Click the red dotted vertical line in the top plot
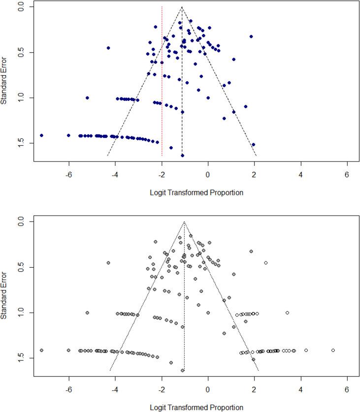click(162, 98)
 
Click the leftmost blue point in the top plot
click(41, 135)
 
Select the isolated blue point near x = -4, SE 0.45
click(108, 48)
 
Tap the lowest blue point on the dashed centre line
click(182, 156)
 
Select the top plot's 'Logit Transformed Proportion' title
click(196, 192)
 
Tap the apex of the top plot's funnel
click(182, 7)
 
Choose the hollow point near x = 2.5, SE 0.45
click(266, 263)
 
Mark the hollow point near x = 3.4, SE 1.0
click(287, 313)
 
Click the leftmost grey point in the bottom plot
click(41, 350)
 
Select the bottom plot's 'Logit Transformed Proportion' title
click(196, 408)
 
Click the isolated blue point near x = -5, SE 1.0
click(87, 98)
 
